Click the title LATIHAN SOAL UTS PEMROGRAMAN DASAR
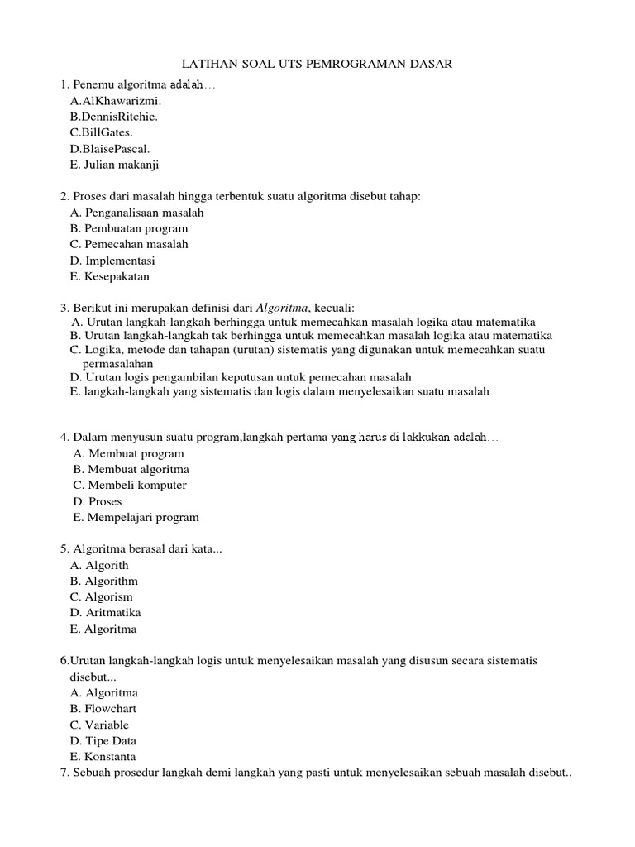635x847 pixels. (317, 64)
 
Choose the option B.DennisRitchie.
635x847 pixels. (113, 117)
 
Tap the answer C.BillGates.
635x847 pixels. (101, 132)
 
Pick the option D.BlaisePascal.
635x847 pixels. (110, 149)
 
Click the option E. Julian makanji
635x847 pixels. (114, 165)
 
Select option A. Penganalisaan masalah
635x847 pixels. (137, 213)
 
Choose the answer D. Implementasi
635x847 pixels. (112, 261)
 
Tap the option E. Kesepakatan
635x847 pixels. (110, 276)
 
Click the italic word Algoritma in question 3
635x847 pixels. (285, 306)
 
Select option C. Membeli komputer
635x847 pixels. (130, 486)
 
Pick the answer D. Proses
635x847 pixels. (98, 501)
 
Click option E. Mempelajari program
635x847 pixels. (136, 518)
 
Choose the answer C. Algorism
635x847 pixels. (102, 597)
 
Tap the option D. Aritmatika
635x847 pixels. (106, 613)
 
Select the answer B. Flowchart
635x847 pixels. (103, 709)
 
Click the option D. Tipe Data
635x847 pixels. (103, 741)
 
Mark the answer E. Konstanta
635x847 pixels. (103, 757)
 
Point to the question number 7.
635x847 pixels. (64, 773)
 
